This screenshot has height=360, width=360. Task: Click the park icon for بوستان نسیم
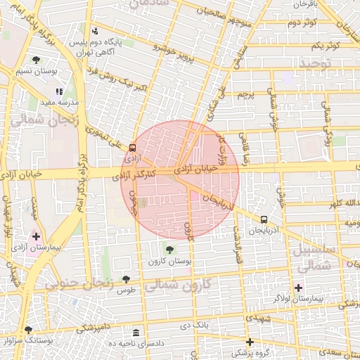pyautogui.click(x=36, y=60)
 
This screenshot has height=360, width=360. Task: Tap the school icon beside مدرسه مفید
pyautogui.click(x=60, y=91)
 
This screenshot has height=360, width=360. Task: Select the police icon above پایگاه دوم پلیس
pyautogui.click(x=95, y=31)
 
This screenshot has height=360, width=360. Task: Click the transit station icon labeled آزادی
pyautogui.click(x=133, y=148)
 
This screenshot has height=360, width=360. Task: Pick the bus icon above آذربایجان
pyautogui.click(x=264, y=219)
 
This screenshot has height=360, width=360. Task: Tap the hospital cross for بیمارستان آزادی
pyautogui.click(x=37, y=236)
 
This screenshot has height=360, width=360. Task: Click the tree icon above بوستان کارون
pyautogui.click(x=169, y=249)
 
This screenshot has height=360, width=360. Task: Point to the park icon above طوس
pyautogui.click(x=126, y=279)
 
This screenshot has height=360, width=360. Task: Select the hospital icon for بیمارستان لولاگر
pyautogui.click(x=298, y=288)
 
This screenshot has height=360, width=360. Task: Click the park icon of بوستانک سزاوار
pyautogui.click(x=28, y=329)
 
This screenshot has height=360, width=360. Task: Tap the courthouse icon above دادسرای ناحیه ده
pyautogui.click(x=136, y=332)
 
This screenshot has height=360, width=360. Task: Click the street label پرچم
pyautogui.click(x=244, y=94)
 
